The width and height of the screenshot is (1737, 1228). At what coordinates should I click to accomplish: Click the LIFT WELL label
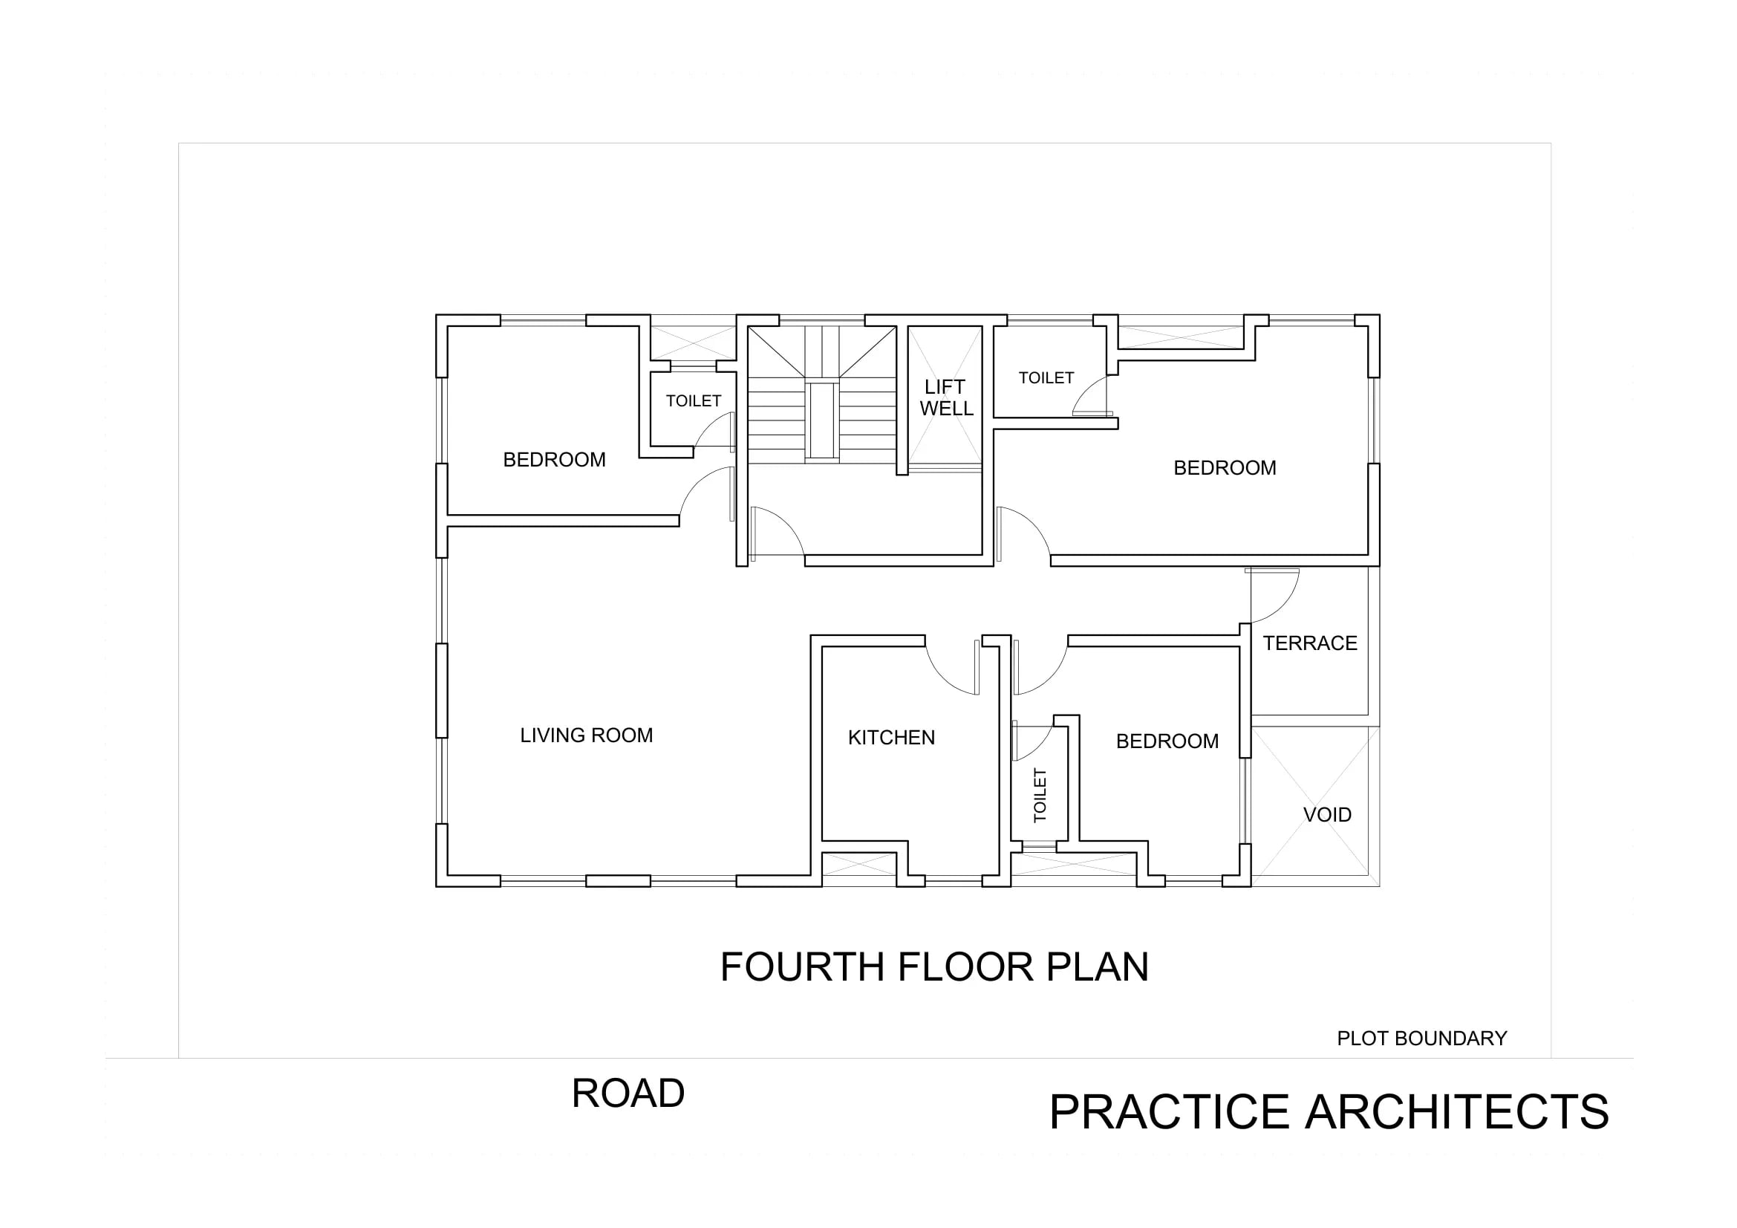(945, 398)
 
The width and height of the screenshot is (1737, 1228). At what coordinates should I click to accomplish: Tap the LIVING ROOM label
(587, 735)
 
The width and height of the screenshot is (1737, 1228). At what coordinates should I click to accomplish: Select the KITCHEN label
(891, 738)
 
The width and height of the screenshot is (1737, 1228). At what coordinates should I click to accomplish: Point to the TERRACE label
(1309, 643)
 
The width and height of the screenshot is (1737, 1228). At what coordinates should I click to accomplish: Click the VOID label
(1327, 815)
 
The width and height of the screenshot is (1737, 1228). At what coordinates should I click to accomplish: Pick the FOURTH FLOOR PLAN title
(934, 967)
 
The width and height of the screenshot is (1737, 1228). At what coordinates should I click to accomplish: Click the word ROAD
(628, 1094)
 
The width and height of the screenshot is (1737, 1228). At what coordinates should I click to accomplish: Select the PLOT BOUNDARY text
(1421, 1038)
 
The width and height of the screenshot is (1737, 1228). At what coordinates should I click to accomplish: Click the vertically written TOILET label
(1040, 795)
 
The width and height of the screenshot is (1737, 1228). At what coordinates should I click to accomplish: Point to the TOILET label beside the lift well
(1046, 377)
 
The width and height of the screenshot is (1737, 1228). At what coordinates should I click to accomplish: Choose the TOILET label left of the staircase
(693, 401)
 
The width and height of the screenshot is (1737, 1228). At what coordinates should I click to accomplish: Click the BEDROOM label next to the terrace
(1167, 741)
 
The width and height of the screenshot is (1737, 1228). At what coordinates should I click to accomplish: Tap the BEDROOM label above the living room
(555, 460)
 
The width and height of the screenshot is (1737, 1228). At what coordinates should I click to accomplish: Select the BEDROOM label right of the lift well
(1225, 468)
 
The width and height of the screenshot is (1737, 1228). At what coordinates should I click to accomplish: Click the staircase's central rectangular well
(821, 420)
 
